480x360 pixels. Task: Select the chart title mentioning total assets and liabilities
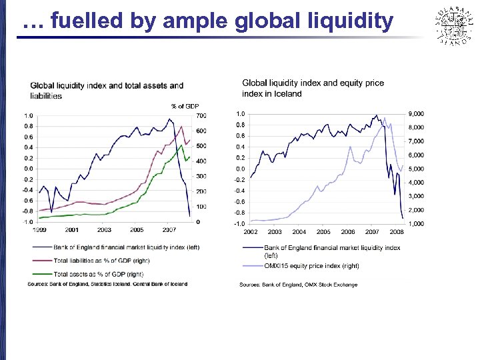coord(107,91)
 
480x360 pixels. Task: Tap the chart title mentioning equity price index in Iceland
coord(313,88)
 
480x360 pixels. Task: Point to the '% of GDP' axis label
coord(185,106)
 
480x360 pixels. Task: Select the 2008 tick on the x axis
coord(396,232)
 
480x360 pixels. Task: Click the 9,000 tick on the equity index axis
coord(415,113)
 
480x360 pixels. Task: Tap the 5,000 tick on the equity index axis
coord(415,169)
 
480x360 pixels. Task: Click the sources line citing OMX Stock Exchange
coord(298,285)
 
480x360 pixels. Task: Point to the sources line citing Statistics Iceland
coord(107,283)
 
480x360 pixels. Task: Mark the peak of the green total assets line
coord(181,145)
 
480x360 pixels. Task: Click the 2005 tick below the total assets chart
coord(137,229)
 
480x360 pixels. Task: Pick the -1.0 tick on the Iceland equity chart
coord(238,223)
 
